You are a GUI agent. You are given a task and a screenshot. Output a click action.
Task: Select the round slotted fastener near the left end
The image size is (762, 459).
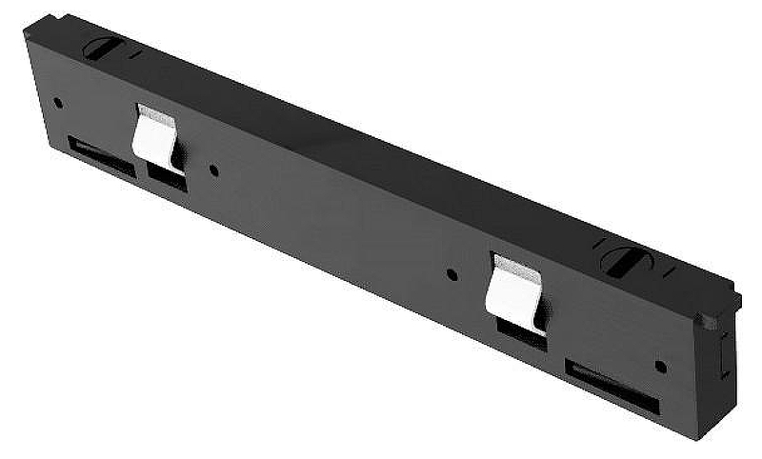(x=100, y=48)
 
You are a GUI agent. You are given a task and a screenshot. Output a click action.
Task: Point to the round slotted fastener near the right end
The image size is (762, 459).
(x=623, y=260)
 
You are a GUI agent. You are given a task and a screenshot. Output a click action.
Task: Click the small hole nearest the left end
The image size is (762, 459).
(x=58, y=102)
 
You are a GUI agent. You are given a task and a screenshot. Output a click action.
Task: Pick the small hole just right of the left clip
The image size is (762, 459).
(x=213, y=171)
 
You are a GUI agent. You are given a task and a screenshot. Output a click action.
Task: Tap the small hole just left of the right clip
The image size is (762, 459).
(x=451, y=275)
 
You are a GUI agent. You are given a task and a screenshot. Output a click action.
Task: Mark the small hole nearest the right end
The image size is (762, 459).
(x=661, y=366)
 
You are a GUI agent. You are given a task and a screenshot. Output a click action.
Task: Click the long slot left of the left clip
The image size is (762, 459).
(x=100, y=155)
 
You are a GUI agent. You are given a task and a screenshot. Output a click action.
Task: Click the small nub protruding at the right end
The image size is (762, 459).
(x=707, y=321)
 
